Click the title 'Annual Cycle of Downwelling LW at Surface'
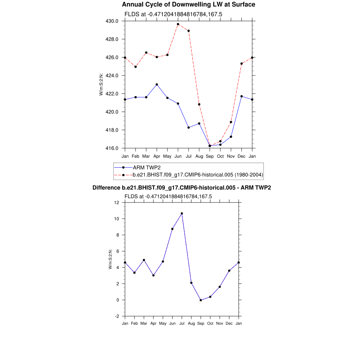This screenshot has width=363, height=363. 188,5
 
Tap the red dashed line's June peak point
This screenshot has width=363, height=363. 178,24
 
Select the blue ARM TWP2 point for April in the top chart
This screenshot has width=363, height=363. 157,84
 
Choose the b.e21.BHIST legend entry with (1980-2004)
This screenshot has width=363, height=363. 198,174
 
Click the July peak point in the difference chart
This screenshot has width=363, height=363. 182,213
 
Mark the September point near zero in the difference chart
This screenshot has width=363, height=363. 201,300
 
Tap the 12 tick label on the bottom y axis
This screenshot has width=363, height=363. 117,202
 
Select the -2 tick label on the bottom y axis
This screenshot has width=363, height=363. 117,316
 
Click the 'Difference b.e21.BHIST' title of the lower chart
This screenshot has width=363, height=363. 181,188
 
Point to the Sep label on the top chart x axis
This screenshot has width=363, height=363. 210,156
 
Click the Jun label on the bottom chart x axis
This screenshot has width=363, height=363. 172,324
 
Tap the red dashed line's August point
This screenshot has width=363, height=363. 199,104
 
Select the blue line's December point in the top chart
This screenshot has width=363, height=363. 241,96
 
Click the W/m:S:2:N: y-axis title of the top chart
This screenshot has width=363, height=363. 101,84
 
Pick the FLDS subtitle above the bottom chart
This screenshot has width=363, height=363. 168,196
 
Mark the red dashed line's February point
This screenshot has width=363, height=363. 135,67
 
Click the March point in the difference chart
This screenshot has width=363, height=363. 144,260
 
